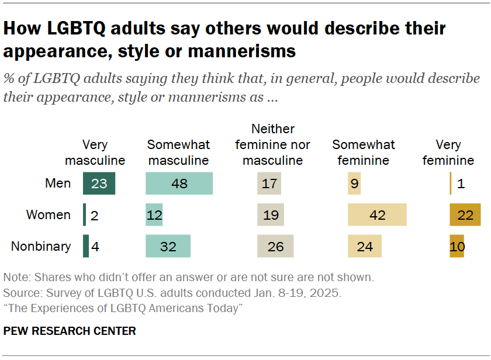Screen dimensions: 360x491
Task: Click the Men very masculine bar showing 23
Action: tap(99, 184)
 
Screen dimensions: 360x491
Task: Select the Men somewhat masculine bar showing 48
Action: tap(179, 184)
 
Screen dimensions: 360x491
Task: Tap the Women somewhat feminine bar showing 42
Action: tap(377, 215)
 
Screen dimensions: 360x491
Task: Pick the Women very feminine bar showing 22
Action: tap(465, 215)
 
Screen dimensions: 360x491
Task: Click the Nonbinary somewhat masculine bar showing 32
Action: tap(168, 247)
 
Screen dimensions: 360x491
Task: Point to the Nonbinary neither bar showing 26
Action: tap(275, 247)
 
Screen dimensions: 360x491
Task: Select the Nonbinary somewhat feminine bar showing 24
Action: tap(364, 247)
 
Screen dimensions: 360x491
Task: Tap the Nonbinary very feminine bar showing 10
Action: tap(457, 247)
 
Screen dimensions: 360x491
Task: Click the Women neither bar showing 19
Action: tap(271, 215)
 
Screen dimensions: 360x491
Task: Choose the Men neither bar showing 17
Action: tap(269, 184)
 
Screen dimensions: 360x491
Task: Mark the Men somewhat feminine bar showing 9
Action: tap(354, 184)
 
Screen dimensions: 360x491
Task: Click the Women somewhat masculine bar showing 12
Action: tap(154, 215)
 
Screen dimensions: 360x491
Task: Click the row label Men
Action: tap(58, 184)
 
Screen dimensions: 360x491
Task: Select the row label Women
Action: tap(49, 215)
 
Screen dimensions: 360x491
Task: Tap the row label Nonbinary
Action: tap(41, 247)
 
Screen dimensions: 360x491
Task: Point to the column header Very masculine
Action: tap(95, 153)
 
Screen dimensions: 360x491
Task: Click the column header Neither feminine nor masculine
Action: tap(272, 144)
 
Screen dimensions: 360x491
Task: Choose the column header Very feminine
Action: tap(448, 153)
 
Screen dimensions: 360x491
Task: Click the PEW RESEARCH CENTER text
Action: tap(70, 331)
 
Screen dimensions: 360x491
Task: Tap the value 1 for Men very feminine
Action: tap(461, 184)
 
